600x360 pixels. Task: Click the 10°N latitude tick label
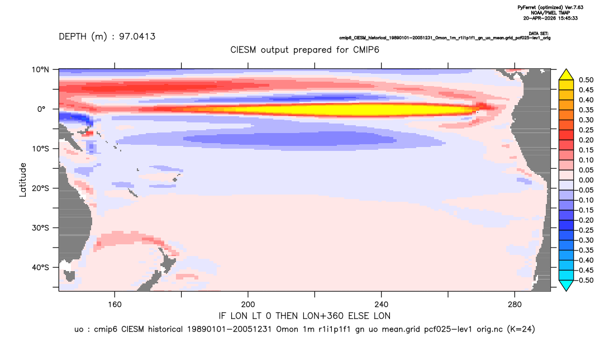point(40,69)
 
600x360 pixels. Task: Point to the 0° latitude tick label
point(41,109)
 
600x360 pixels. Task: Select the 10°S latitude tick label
point(40,149)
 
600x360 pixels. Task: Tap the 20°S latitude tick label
point(40,188)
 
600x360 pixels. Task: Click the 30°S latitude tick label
point(40,228)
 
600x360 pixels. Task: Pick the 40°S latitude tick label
point(40,267)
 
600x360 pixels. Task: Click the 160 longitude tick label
point(115,305)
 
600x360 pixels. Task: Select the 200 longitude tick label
point(248,305)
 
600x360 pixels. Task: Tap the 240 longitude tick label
point(382,305)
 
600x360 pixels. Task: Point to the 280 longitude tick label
point(515,305)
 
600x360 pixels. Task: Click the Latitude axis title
point(23,180)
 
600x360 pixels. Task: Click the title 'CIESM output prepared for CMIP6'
point(304,50)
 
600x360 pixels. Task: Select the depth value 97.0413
point(137,37)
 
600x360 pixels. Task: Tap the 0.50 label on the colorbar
point(586,80)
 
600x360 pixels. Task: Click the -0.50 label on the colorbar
point(585,280)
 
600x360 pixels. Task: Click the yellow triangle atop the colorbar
point(566,75)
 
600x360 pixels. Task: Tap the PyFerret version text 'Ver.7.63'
point(574,7)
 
